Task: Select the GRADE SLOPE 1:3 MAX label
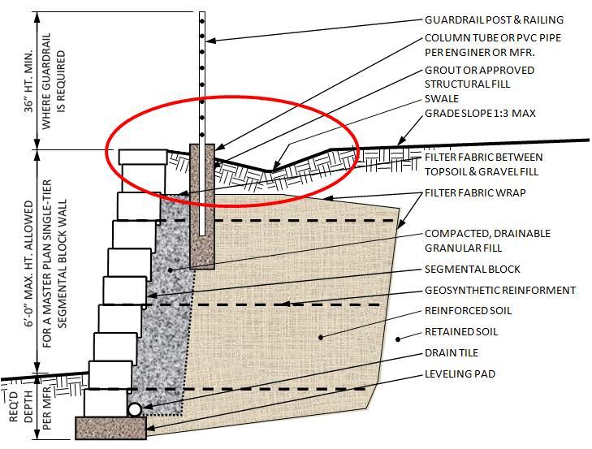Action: (480, 114)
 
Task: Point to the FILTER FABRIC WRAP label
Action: (475, 193)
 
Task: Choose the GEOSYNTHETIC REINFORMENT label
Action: (499, 290)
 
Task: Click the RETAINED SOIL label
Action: (461, 332)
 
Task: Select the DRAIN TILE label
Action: (452, 353)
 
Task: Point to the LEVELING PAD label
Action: (460, 374)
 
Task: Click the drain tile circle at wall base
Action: (136, 410)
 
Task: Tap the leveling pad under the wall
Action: (110, 426)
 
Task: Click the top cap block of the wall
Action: (143, 158)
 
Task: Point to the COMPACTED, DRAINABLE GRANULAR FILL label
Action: (487, 240)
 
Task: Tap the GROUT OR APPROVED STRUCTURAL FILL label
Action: (479, 76)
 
